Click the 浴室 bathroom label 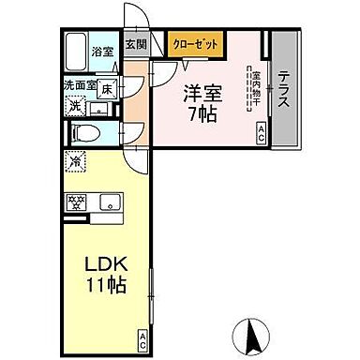click(103, 51)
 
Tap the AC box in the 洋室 click(261, 135)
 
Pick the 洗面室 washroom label click(81, 86)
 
